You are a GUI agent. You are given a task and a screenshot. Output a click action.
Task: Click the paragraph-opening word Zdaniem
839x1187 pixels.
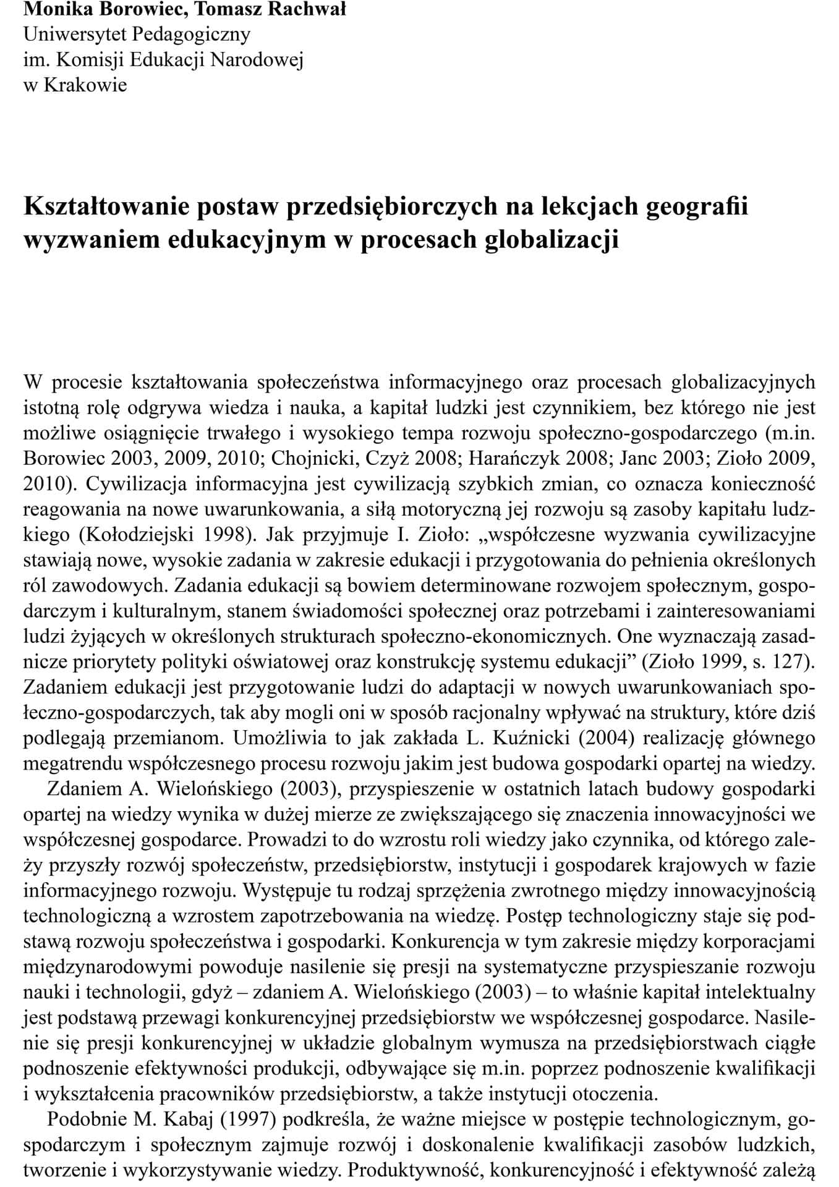[x=84, y=789]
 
